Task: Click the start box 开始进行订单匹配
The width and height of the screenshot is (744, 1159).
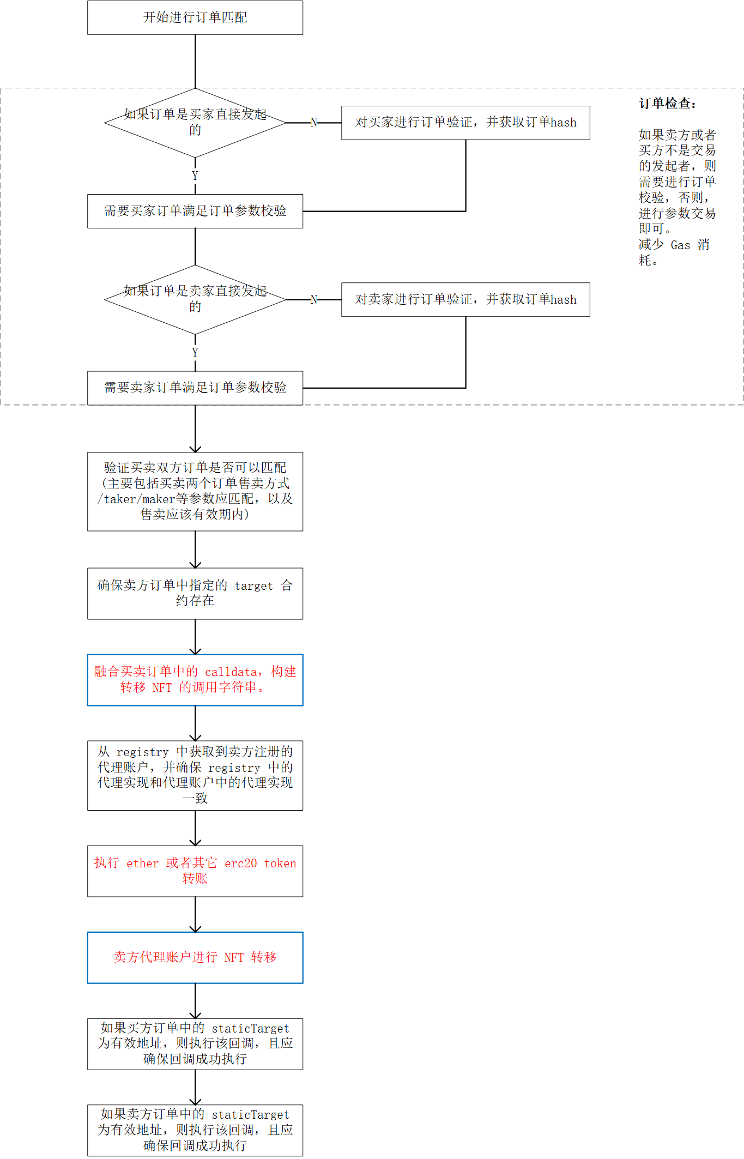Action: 195,17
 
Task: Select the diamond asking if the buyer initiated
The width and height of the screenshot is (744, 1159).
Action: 195,123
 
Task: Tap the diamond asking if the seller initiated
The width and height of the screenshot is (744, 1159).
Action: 195,299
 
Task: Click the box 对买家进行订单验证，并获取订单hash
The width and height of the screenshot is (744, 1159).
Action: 465,123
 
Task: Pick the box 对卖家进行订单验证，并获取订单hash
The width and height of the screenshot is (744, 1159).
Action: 465,299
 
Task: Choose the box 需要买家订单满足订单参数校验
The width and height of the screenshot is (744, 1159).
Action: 195,211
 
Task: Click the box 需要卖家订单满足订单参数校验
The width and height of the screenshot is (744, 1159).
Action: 195,388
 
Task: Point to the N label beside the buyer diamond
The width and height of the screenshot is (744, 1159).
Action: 314,123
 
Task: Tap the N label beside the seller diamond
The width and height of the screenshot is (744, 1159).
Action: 314,299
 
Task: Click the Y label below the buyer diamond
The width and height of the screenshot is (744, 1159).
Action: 195,176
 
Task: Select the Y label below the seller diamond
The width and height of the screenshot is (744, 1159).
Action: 195,352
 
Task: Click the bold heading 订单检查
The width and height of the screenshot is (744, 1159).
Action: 667,104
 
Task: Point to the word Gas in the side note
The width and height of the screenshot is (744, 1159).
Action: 680,245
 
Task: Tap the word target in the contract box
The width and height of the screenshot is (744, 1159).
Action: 253,586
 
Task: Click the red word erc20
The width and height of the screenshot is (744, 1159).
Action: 240,864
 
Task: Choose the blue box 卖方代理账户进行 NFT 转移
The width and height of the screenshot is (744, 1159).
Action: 195,957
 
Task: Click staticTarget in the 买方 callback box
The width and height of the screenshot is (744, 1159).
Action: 250,1029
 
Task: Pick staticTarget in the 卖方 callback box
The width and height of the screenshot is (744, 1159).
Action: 250,1115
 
